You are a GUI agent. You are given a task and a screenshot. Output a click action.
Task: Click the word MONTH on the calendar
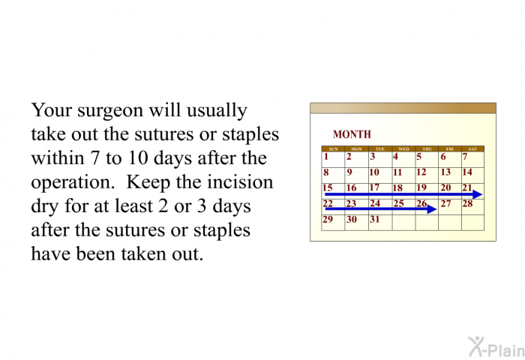coord(352,134)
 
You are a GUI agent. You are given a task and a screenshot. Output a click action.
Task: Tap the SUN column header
coord(333,149)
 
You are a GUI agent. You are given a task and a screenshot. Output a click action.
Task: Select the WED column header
coord(403,149)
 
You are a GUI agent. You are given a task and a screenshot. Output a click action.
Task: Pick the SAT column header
coord(472,149)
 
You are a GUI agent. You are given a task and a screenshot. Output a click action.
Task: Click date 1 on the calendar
coord(326,157)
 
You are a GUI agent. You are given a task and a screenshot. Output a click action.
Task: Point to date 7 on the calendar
coord(465,157)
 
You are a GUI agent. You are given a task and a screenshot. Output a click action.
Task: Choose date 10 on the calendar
coord(374,172)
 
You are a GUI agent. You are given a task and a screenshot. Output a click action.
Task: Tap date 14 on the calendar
coord(467,172)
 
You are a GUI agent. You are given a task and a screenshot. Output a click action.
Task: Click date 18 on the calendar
coord(397,187)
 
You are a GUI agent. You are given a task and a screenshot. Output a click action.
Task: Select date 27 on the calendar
coord(445,203)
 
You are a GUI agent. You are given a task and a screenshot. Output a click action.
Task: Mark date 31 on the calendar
coord(375,219)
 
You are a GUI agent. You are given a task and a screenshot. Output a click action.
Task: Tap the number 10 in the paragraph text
coord(137,158)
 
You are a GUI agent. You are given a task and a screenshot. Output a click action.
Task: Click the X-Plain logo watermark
coord(496,347)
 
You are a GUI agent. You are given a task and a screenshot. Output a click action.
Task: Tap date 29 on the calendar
coord(328,219)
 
